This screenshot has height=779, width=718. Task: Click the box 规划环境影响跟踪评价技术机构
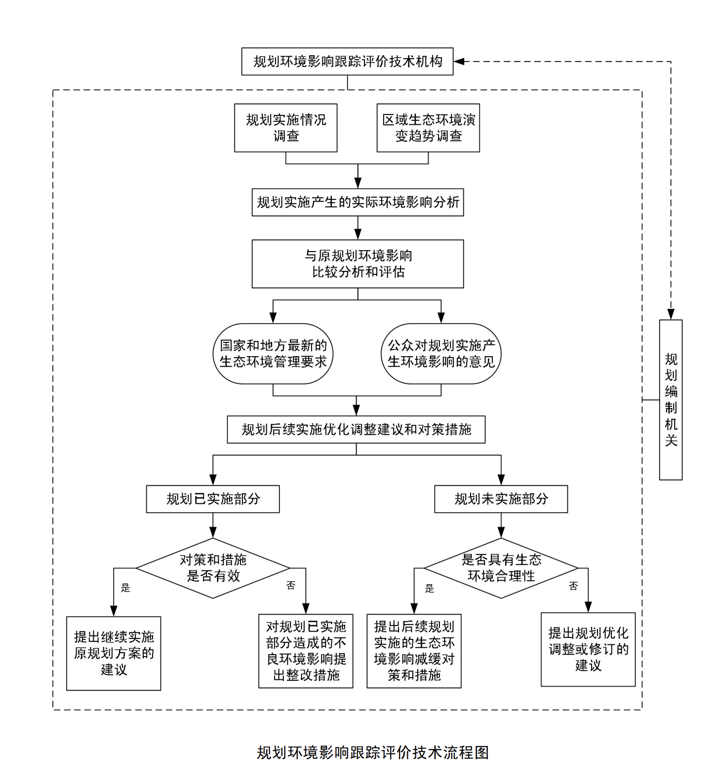(x=347, y=62)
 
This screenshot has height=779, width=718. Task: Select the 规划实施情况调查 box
(x=285, y=128)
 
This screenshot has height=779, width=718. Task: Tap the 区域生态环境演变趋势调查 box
(x=428, y=128)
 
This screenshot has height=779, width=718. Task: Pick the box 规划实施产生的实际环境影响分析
(x=358, y=202)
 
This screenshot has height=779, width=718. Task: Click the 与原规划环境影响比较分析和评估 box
(x=358, y=264)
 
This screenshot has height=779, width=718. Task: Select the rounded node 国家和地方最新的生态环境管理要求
(x=273, y=354)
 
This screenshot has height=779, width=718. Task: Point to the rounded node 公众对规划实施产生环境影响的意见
(x=441, y=354)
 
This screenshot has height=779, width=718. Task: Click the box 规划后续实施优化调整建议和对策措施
(x=356, y=430)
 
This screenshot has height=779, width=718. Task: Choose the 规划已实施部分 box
(x=213, y=499)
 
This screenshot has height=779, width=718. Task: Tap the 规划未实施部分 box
(x=501, y=499)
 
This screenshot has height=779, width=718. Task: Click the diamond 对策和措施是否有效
(x=213, y=568)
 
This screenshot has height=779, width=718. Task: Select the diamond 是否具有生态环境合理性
(x=501, y=568)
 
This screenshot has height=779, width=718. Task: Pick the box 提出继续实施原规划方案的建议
(x=114, y=653)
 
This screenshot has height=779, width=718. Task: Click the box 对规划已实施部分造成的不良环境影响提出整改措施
(x=306, y=651)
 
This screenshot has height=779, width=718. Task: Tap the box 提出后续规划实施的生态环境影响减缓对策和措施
(x=414, y=651)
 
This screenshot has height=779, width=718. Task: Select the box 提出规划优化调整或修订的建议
(x=588, y=650)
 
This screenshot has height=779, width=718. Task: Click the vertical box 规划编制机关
(x=671, y=400)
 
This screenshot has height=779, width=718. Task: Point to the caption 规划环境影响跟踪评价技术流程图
(x=373, y=752)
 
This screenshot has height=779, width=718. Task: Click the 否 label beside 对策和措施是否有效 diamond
(x=291, y=586)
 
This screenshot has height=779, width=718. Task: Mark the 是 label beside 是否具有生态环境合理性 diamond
(x=430, y=588)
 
